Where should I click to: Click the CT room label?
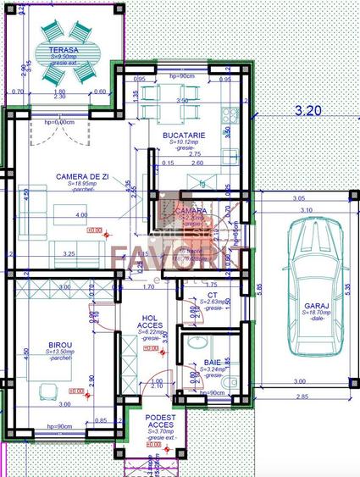pyautogui.click(x=213, y=296)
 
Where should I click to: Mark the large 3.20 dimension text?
pyautogui.click(x=307, y=110)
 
